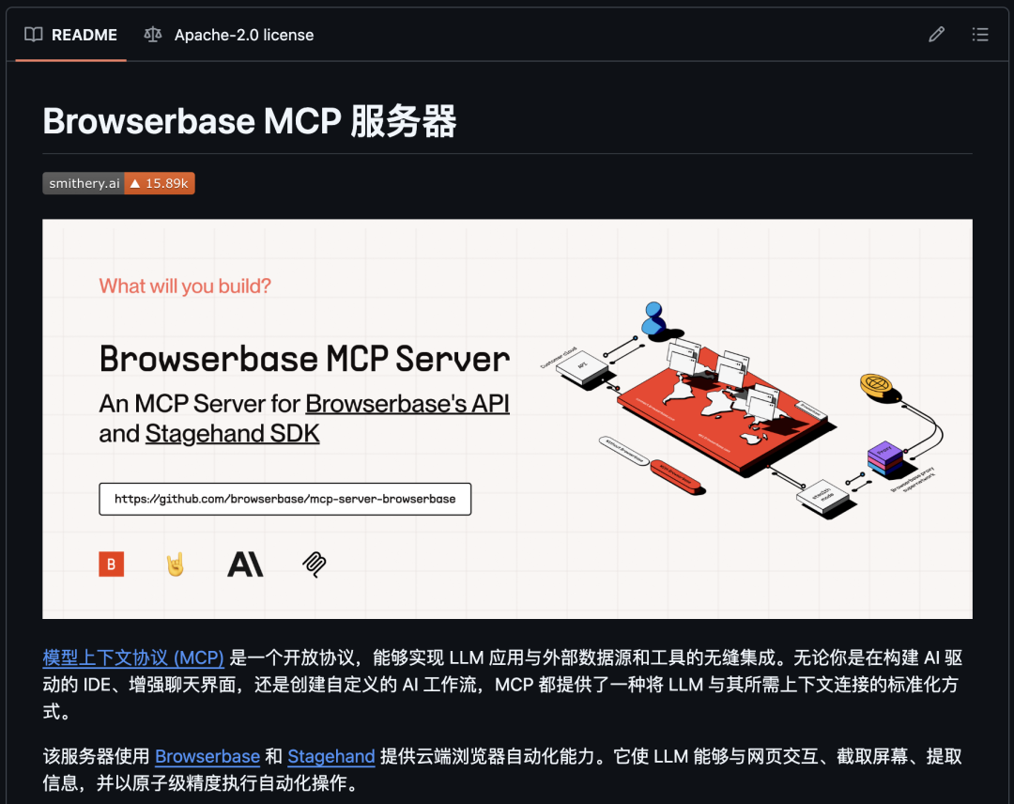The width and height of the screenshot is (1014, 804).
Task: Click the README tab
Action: [71, 35]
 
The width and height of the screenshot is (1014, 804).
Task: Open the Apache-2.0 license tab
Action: [229, 35]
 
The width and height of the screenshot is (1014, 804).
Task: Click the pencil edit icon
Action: [936, 35]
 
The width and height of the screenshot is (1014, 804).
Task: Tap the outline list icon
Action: [980, 35]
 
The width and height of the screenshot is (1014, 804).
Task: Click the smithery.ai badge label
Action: [84, 183]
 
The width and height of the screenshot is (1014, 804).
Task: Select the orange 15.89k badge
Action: [159, 183]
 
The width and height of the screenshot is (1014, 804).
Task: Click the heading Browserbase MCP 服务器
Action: [250, 122]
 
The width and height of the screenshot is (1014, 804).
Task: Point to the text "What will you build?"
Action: [185, 286]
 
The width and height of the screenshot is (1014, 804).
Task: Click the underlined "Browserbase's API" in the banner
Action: [407, 403]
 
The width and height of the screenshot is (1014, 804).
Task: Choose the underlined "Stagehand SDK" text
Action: [232, 434]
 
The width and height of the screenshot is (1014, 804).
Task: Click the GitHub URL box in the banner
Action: [284, 499]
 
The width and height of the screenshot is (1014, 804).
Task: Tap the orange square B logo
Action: [111, 564]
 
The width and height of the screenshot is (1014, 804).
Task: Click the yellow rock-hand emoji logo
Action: [175, 564]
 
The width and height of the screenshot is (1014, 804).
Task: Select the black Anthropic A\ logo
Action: [245, 564]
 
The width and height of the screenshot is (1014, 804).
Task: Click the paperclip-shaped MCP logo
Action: [314, 564]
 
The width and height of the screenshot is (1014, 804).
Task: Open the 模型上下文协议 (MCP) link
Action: [133, 657]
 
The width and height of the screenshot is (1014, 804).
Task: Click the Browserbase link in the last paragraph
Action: [207, 756]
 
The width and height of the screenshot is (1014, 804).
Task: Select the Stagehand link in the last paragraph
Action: [331, 756]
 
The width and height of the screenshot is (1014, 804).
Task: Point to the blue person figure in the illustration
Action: [653, 319]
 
